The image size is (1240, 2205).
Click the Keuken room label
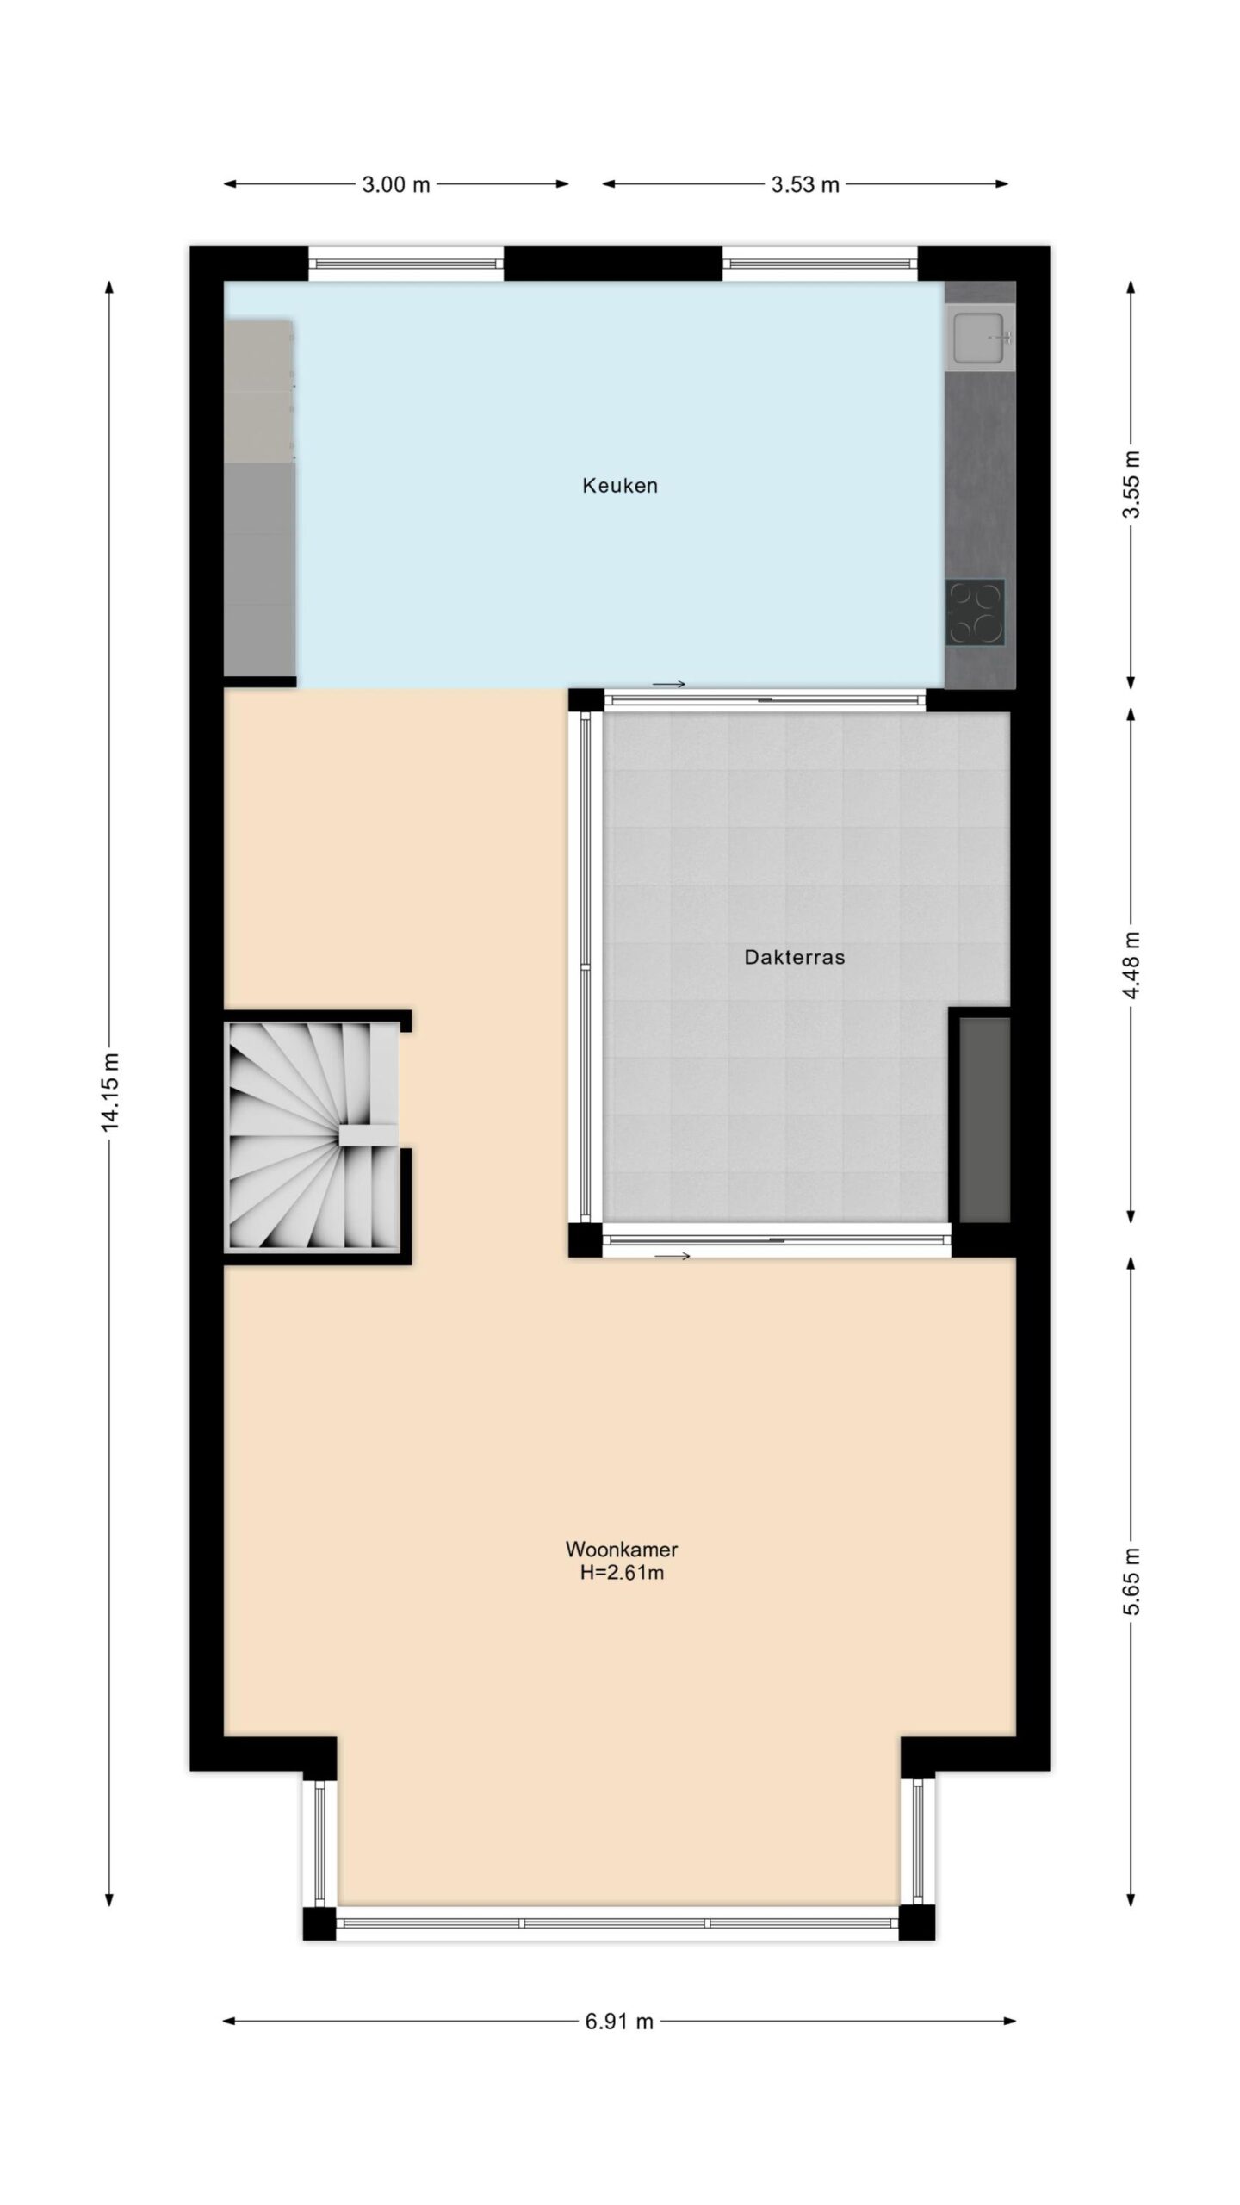(620, 486)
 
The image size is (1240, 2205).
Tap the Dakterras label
(794, 957)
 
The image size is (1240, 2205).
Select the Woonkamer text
(621, 1550)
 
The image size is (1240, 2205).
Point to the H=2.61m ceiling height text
(621, 1574)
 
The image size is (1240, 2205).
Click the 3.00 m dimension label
(396, 184)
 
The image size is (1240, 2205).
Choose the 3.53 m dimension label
(805, 184)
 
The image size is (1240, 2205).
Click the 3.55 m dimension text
(1131, 485)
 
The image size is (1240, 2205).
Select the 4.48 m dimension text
(1131, 965)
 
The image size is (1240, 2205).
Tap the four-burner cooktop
(976, 612)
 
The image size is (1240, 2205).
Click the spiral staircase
(311, 1135)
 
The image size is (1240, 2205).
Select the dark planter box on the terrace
(984, 1119)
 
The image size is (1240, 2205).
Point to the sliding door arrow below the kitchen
(669, 685)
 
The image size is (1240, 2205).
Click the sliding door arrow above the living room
(673, 1257)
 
